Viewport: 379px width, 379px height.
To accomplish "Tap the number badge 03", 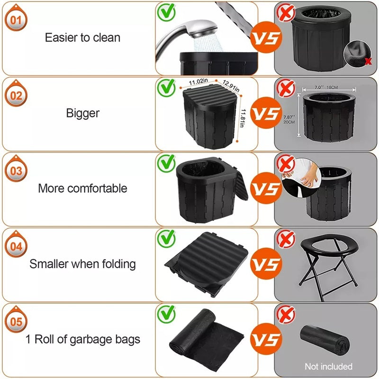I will click(16, 171).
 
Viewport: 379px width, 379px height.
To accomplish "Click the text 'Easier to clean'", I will click(82, 38).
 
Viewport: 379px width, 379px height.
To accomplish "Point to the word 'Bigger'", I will click(82, 113).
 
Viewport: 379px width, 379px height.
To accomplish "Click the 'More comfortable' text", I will click(82, 188).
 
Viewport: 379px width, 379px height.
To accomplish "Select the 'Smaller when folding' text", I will click(82, 264).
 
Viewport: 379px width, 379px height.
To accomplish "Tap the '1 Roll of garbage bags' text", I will click(82, 339).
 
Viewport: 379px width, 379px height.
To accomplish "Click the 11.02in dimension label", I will click(198, 82).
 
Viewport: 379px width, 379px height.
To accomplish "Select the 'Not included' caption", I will click(329, 366).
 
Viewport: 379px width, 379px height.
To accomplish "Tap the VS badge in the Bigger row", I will click(265, 114).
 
